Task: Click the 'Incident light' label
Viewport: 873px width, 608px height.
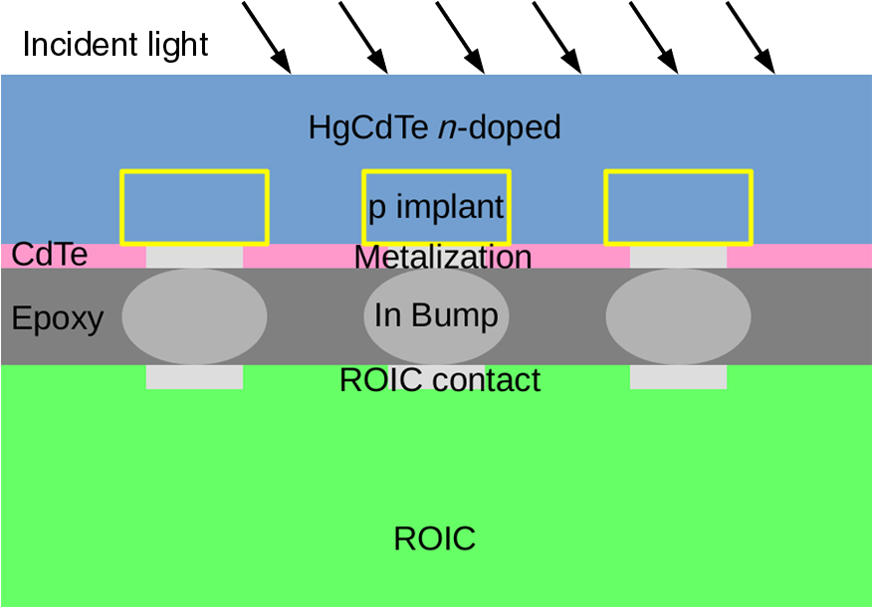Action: [x=115, y=45]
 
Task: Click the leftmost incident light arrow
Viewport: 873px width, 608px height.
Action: [x=267, y=38]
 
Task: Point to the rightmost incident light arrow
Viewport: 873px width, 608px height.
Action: [x=751, y=38]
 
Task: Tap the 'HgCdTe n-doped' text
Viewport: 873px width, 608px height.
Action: [x=435, y=128]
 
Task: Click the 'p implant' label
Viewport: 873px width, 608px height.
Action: [x=436, y=208]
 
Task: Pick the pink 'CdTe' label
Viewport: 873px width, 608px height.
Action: [x=50, y=255]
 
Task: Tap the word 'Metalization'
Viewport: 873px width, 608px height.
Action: [x=443, y=258]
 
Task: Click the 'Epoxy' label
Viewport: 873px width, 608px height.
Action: [x=58, y=318]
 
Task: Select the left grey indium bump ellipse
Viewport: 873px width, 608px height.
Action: [x=194, y=315]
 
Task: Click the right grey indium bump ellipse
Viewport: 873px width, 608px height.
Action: [x=678, y=315]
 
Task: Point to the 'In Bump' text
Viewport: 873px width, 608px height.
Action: [x=436, y=315]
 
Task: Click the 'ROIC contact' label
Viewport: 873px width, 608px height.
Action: [x=440, y=380]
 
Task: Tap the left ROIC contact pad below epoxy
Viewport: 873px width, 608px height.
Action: [x=194, y=377]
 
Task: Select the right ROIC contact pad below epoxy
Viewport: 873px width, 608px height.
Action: [x=678, y=377]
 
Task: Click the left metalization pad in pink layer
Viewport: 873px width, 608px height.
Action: [x=194, y=257]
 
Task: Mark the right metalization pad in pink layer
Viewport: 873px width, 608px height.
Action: [x=678, y=257]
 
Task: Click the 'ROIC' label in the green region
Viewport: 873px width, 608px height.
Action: [x=435, y=539]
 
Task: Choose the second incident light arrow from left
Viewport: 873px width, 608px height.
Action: [x=363, y=38]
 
